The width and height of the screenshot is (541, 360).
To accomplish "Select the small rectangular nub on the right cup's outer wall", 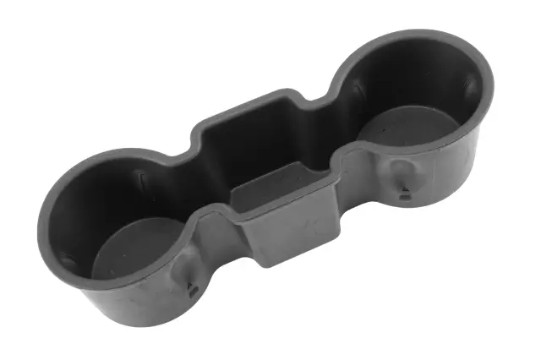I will click(405, 195).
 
